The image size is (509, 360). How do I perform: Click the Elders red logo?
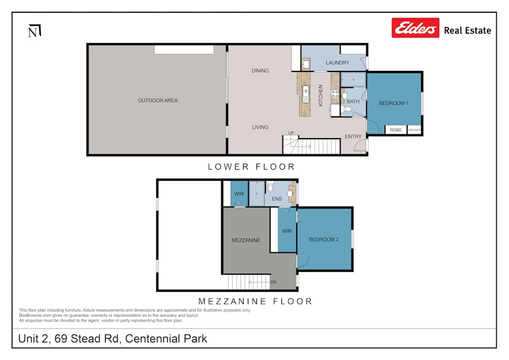tap(415, 28)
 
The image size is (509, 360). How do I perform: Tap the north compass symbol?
tap(34, 31)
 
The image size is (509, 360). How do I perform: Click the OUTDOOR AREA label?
tap(157, 100)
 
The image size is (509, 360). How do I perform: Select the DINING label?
tap(260, 70)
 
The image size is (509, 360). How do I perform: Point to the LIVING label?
tap(260, 127)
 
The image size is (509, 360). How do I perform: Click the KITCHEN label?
tap(321, 95)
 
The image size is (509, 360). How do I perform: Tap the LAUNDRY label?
tap(337, 63)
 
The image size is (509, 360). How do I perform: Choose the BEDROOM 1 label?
tap(393, 103)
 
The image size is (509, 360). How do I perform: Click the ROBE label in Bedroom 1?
tap(395, 130)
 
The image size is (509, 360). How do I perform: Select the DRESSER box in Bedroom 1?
tap(414, 130)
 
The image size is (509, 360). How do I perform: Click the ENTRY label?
tap(353, 137)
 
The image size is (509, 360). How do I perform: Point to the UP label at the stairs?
tap(291, 133)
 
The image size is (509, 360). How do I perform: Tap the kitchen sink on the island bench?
tap(305, 93)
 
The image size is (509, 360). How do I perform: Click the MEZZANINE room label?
tap(246, 240)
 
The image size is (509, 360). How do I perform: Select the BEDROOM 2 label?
tap(324, 239)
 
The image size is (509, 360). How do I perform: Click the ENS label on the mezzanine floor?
tap(277, 199)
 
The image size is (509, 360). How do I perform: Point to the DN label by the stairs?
tap(273, 282)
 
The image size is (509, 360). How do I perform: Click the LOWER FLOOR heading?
tap(251, 167)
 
